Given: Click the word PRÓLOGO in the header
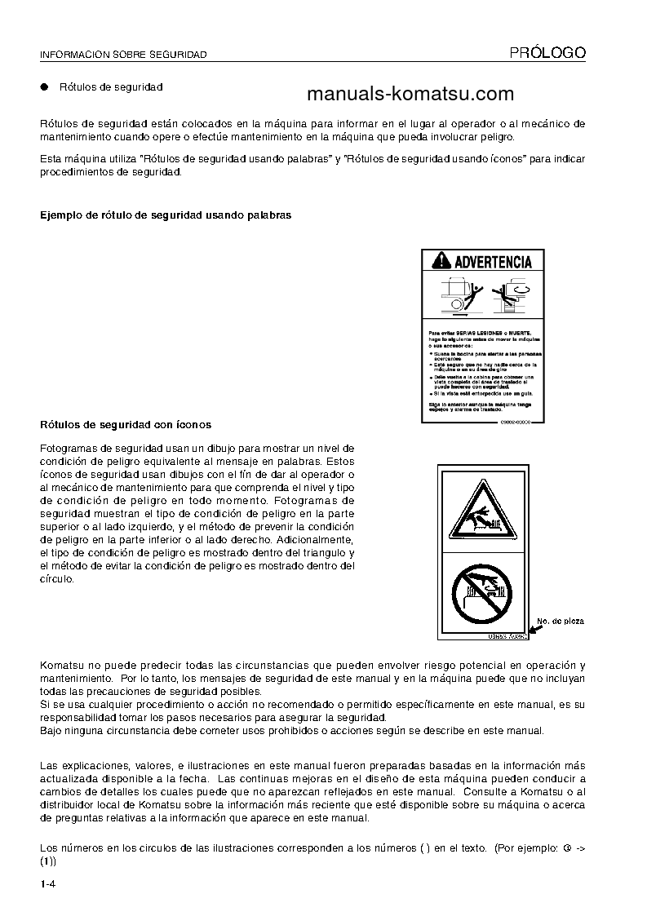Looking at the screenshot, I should click(x=547, y=53).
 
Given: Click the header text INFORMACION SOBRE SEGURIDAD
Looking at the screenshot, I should click(x=123, y=55).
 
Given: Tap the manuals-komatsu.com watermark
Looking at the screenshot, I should click(x=410, y=94).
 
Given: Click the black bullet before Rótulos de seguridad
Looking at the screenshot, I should click(x=45, y=86).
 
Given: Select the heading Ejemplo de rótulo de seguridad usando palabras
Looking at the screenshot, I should click(x=166, y=215).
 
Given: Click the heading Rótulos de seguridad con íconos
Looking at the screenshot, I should click(x=126, y=425).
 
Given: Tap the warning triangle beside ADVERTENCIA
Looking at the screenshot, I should click(x=441, y=262).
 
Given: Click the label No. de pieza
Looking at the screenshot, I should click(x=560, y=622).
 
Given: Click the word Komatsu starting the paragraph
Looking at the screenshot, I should click(x=62, y=666).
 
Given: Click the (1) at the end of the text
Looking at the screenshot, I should click(x=47, y=861).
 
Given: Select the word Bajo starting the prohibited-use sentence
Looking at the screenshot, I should click(x=51, y=730).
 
